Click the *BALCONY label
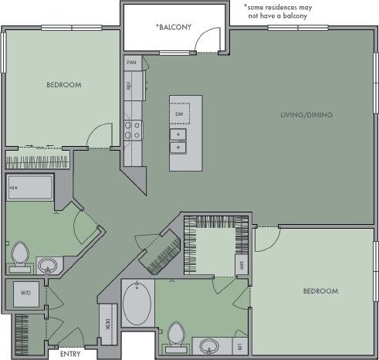(173, 28)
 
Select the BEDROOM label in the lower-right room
(320, 290)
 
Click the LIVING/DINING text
(306, 115)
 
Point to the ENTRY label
(70, 355)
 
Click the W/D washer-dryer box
(25, 294)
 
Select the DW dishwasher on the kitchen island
(178, 114)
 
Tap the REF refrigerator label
(132, 85)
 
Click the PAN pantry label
(132, 62)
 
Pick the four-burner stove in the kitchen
(132, 128)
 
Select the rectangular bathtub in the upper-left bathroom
(30, 187)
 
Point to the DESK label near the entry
(107, 328)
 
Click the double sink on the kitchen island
(178, 141)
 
